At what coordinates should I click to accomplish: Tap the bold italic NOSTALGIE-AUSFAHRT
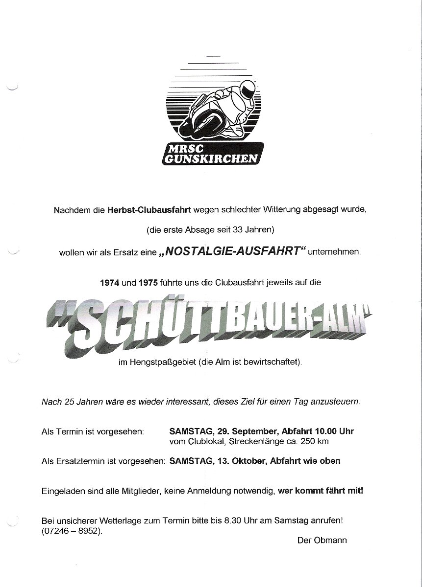[x=233, y=253]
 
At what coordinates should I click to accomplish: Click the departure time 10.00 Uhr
[x=332, y=431]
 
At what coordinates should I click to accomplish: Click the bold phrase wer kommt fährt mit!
[x=321, y=489]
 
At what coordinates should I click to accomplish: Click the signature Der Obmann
[x=322, y=540]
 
